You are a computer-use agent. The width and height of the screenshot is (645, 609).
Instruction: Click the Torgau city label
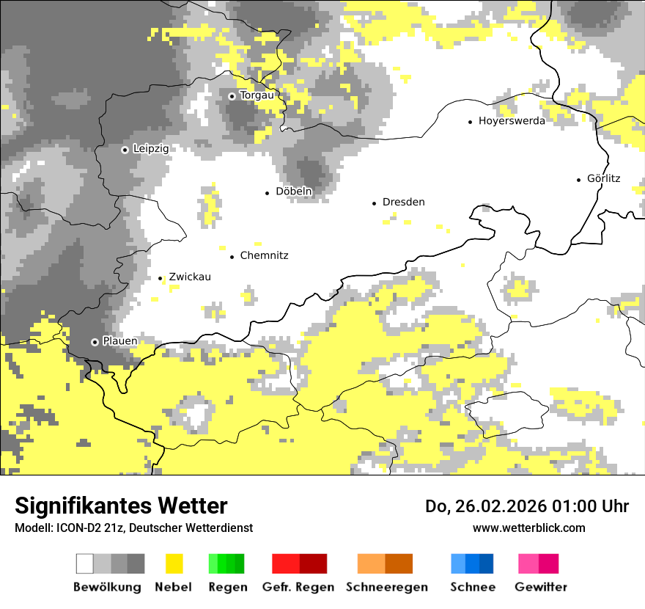(x=257, y=95)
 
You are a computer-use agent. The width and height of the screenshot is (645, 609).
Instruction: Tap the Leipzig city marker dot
(x=125, y=150)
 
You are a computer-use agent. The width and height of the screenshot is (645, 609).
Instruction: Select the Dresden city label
(x=403, y=203)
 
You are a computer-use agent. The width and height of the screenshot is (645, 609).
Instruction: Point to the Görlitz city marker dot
(x=579, y=179)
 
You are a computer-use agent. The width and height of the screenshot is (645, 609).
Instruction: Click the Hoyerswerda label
(x=512, y=121)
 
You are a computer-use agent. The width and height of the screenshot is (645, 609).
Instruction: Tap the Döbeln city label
(x=294, y=192)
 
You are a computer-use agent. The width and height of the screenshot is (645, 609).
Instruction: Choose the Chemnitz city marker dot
(x=232, y=257)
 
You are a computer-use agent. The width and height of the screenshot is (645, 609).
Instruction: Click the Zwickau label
(x=190, y=277)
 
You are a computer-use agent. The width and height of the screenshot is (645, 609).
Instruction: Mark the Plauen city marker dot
(x=95, y=342)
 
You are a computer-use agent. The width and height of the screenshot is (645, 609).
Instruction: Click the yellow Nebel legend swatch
(x=174, y=564)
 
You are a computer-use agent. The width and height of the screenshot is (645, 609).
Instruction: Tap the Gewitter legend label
(x=541, y=587)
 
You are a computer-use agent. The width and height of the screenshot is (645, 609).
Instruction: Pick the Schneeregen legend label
(x=386, y=587)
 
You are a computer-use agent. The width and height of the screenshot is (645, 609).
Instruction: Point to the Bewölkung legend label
(x=107, y=587)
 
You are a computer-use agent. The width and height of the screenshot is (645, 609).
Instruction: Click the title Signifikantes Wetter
(x=121, y=506)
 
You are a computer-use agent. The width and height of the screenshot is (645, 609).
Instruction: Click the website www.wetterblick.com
(x=528, y=528)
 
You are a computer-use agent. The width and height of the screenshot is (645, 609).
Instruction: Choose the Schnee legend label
(x=473, y=587)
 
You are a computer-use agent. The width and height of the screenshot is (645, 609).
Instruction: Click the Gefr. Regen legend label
(x=298, y=587)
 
